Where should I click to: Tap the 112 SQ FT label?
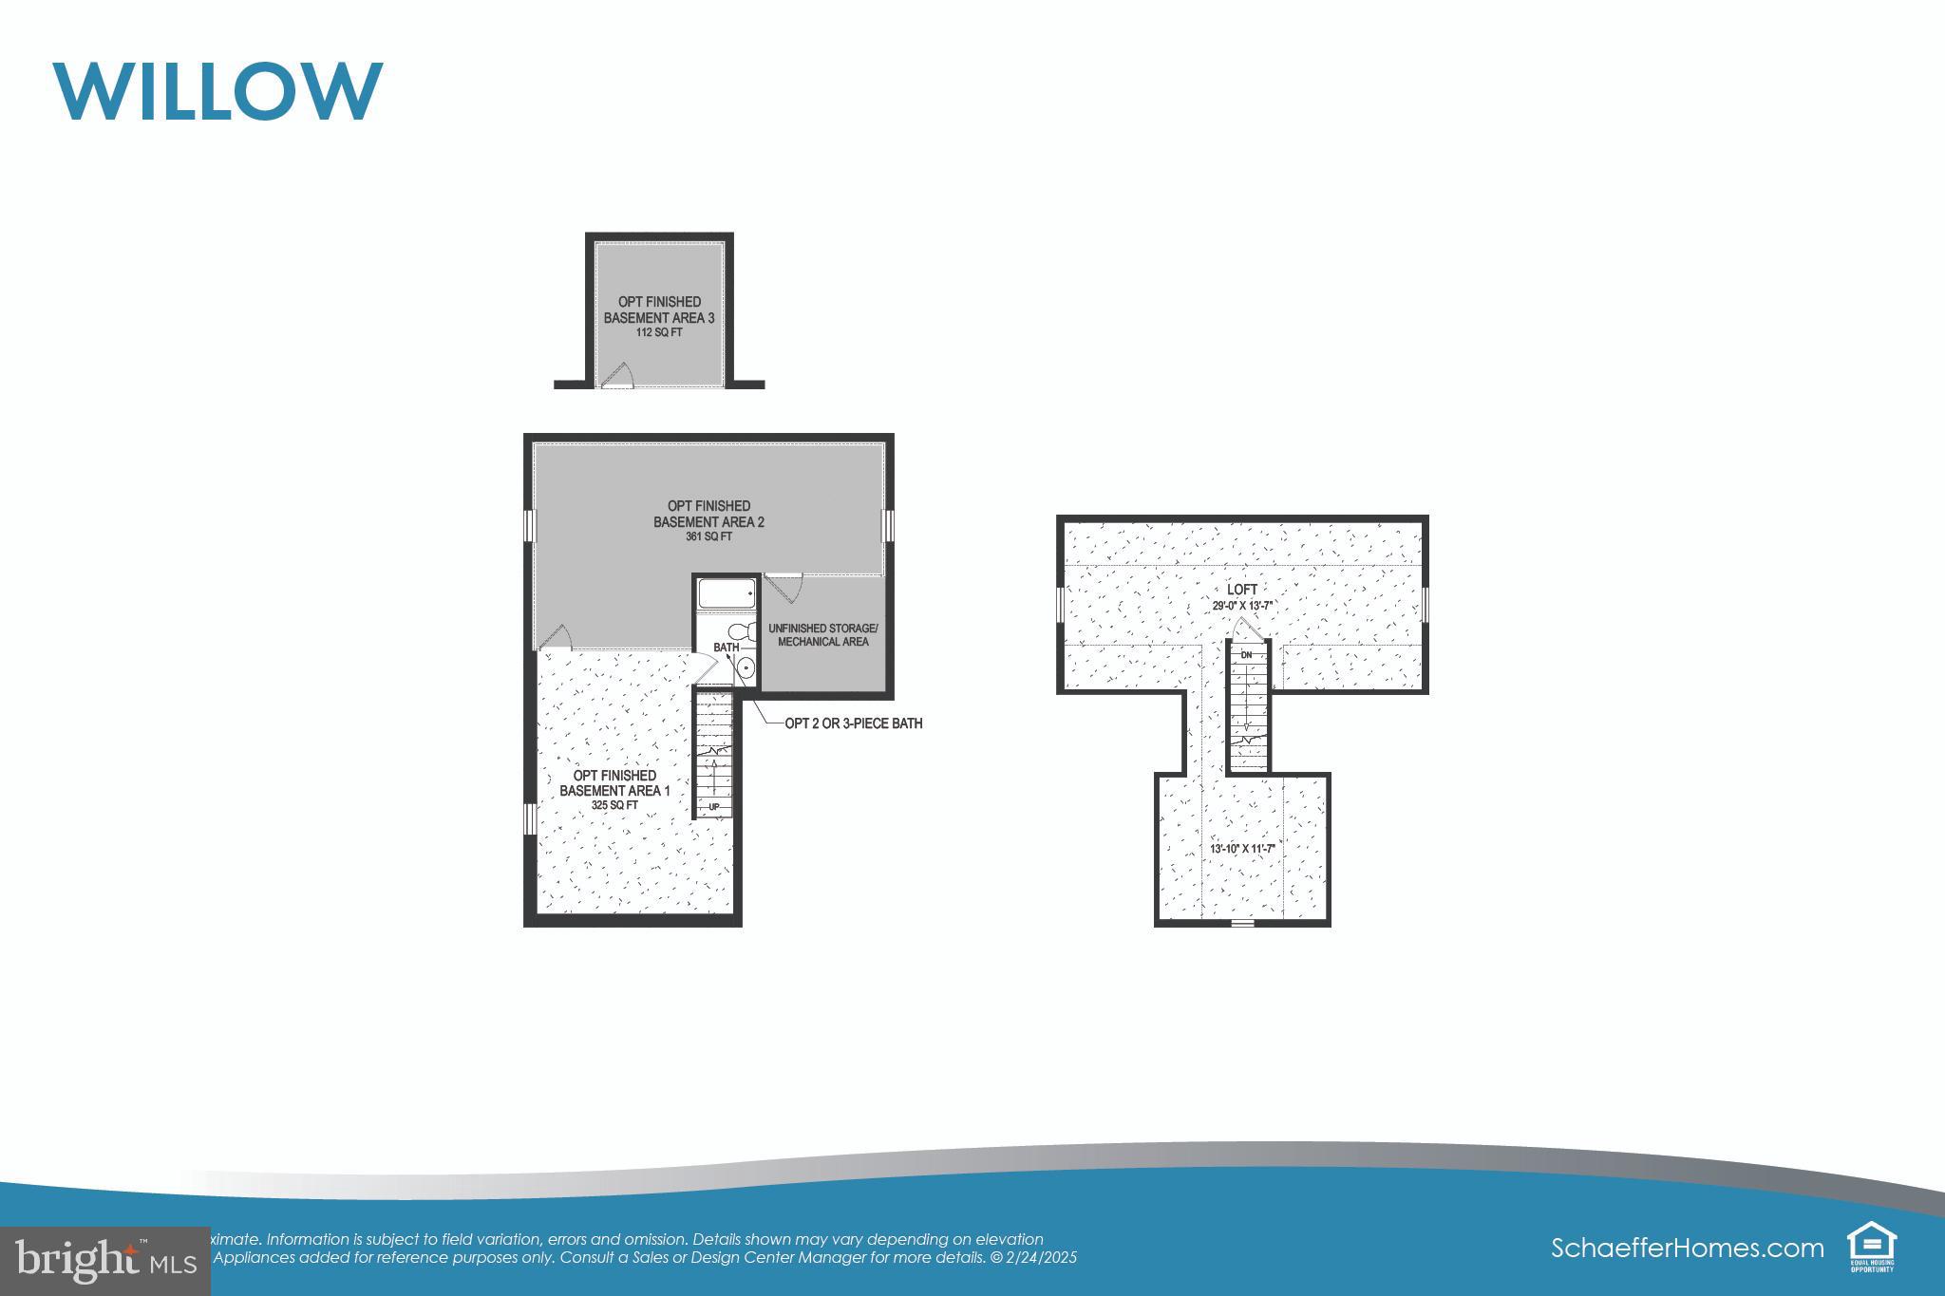[659, 333]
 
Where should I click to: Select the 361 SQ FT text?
[708, 536]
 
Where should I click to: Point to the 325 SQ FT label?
[614, 805]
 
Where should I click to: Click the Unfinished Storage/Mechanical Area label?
[822, 635]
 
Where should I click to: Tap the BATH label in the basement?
[726, 648]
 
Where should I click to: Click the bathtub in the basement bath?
[727, 594]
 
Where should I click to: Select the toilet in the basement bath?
[741, 631]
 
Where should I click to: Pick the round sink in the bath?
[746, 669]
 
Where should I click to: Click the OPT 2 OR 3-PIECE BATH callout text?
[853, 723]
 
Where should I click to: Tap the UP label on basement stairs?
[714, 808]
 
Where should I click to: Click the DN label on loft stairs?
[1246, 655]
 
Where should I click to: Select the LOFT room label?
[1242, 590]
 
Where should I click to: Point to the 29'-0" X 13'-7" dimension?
[1242, 606]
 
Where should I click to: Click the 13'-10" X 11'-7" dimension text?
[1241, 849]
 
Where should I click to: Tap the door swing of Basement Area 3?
[618, 375]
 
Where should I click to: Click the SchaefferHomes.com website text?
[1687, 1248]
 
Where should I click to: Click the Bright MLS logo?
[104, 1260]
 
